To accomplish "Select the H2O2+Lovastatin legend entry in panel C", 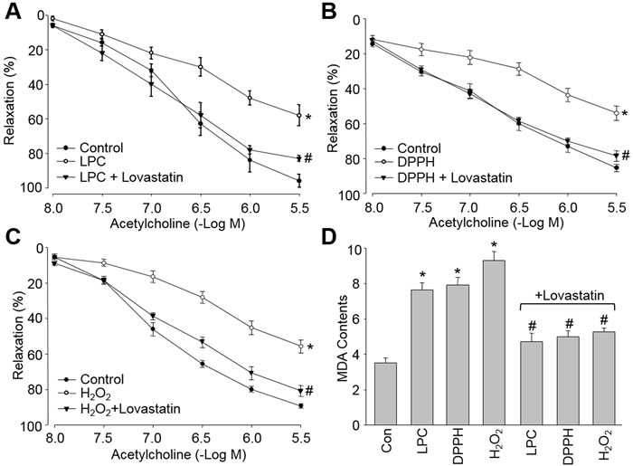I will [x=128, y=409].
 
